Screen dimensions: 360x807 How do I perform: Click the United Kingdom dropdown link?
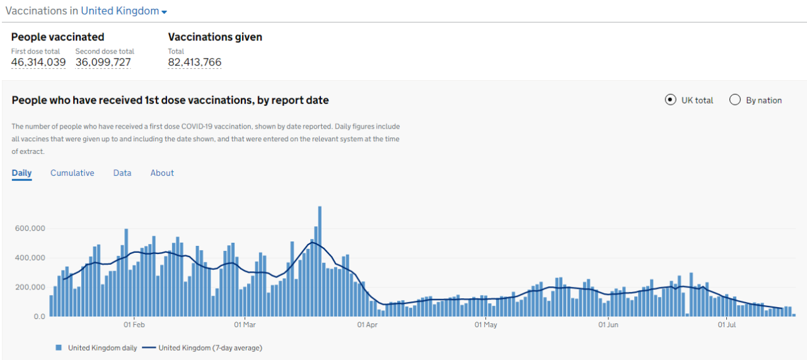point(124,11)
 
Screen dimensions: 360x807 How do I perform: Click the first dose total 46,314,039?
point(38,62)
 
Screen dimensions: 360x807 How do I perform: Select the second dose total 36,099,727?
point(103,62)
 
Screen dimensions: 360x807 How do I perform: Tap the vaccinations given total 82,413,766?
point(195,62)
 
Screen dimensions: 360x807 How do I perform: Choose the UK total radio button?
point(671,100)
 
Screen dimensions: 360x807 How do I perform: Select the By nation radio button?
point(735,100)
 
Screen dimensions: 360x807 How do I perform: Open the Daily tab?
point(21,173)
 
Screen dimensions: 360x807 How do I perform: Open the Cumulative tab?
point(73,173)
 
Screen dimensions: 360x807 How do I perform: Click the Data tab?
point(122,173)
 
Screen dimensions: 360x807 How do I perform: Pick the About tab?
point(162,173)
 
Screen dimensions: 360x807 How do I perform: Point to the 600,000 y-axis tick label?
point(30,228)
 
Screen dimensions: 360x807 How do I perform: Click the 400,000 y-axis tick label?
point(30,258)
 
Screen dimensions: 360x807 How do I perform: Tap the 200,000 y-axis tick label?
point(30,287)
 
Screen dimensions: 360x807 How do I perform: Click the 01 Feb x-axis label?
point(134,325)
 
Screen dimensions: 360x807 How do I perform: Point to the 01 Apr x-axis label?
point(367,325)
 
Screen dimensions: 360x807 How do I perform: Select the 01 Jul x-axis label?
point(727,325)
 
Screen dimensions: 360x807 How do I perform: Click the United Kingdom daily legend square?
point(59,347)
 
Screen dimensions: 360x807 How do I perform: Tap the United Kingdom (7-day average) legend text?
point(210,347)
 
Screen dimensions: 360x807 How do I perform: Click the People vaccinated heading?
point(58,37)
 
